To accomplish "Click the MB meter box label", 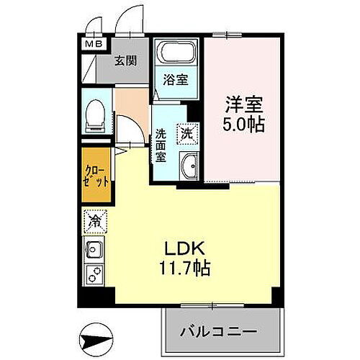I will [x=94, y=44].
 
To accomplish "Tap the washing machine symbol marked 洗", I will [x=187, y=132].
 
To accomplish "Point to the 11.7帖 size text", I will [x=185, y=270].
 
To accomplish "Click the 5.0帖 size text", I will [x=241, y=124].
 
